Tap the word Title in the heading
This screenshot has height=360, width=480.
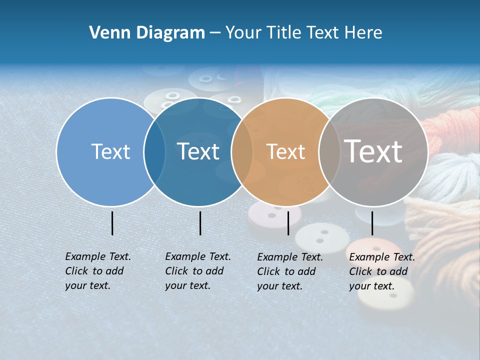(x=281, y=33)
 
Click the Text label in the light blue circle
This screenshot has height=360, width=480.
(x=110, y=151)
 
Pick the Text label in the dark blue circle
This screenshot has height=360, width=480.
(x=198, y=151)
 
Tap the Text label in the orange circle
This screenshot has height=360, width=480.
(x=285, y=151)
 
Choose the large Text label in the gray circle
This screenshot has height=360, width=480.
(x=373, y=151)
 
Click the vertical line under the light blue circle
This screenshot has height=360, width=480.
(x=112, y=223)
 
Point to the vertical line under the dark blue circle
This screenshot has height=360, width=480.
(x=200, y=223)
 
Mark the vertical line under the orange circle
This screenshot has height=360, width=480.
(x=288, y=223)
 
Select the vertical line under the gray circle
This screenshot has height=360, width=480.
(x=372, y=223)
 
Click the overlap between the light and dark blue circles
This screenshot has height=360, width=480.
(x=154, y=151)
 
